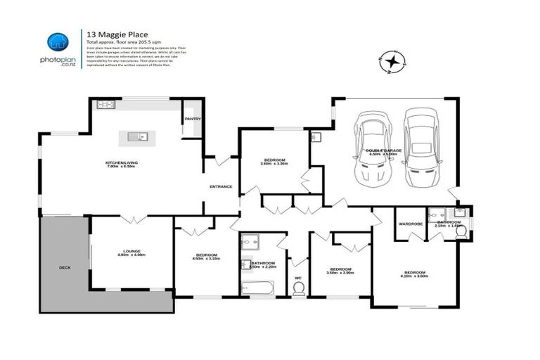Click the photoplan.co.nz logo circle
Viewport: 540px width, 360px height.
58,42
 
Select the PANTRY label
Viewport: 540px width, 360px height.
193,119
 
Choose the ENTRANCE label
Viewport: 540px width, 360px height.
221,186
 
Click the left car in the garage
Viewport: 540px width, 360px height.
373,148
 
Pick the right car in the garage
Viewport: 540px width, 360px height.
421,148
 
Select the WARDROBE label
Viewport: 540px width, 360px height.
410,224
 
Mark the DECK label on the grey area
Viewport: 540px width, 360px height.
65,268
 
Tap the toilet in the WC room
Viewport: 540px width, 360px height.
298,288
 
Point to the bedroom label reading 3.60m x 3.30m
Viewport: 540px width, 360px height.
274,161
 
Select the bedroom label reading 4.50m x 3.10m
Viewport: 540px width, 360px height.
206,256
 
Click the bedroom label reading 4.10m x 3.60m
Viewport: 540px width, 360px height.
415,274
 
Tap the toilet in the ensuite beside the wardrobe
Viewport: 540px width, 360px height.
461,230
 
